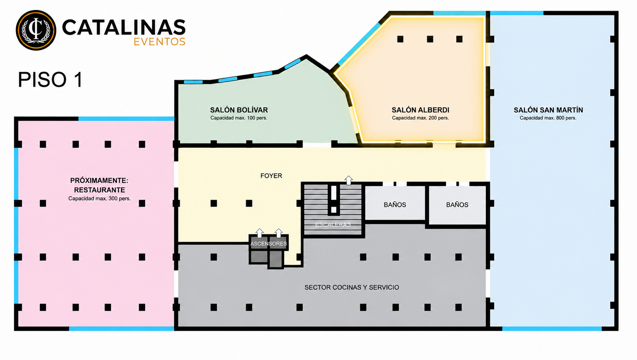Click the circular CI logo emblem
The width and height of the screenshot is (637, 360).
point(36,30)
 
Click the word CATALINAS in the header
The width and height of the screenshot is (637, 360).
point(124,27)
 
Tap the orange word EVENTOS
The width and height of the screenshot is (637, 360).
point(160,42)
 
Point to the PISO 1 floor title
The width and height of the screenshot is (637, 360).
point(50,80)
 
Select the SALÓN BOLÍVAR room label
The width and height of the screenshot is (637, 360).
point(239,110)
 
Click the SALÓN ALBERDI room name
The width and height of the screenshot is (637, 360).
point(420,110)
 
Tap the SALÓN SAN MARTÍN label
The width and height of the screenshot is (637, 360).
point(548,110)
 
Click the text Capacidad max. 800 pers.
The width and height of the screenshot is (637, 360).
point(548,118)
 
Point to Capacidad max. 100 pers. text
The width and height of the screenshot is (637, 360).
point(239,118)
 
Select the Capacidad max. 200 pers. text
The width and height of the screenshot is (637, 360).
point(420,118)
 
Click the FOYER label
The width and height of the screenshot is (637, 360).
point(271,176)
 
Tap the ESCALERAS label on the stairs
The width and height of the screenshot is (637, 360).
point(333,224)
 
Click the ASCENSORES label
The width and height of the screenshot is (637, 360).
point(268,244)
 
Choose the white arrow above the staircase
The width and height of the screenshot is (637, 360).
point(349,180)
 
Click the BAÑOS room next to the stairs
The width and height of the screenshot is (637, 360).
point(395,203)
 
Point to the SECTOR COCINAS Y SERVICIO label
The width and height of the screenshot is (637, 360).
point(352,287)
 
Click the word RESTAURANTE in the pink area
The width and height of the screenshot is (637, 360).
point(100,190)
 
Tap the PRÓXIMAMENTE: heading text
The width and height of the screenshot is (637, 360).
point(99,181)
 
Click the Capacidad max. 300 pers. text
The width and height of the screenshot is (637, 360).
point(100,199)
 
